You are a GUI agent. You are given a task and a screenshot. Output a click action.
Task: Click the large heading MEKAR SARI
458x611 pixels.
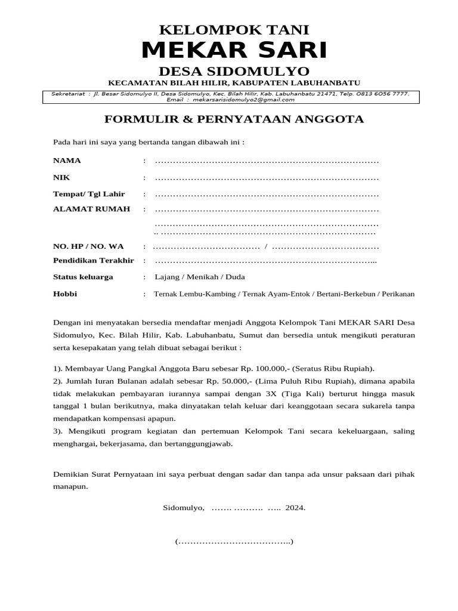point(234,51)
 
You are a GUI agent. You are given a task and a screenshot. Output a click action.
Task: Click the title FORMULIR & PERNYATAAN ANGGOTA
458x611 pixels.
point(234,119)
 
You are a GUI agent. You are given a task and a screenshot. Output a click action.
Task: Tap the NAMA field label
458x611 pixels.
point(67,161)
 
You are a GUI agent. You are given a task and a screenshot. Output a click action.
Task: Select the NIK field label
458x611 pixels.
point(62,178)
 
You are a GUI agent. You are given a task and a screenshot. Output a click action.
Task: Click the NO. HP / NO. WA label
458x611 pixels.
point(88,246)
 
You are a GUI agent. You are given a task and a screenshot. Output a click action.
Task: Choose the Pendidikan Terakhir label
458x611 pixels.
point(94,261)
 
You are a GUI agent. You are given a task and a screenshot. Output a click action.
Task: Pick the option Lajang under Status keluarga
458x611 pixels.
point(167,277)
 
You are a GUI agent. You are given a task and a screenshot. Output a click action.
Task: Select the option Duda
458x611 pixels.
point(235,277)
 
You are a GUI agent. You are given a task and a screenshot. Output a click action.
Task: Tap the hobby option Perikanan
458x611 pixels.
point(398,294)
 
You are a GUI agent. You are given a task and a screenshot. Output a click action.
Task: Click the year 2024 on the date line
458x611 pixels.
point(295,508)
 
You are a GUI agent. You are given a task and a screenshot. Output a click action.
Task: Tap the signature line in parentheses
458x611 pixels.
point(234,542)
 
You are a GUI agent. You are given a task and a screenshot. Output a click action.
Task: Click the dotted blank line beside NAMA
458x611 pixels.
point(267,161)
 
